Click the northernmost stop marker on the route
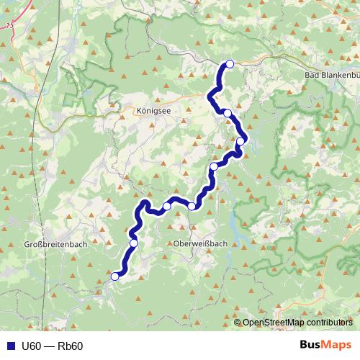[230, 64]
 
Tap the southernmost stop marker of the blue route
[114, 276]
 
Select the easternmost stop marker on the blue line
[240, 141]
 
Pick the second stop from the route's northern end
[228, 113]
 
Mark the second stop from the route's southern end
[133, 243]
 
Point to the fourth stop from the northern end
[214, 167]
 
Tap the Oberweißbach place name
[200, 243]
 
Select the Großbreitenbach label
[56, 244]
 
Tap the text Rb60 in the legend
[70, 346]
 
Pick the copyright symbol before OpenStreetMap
[238, 323]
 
